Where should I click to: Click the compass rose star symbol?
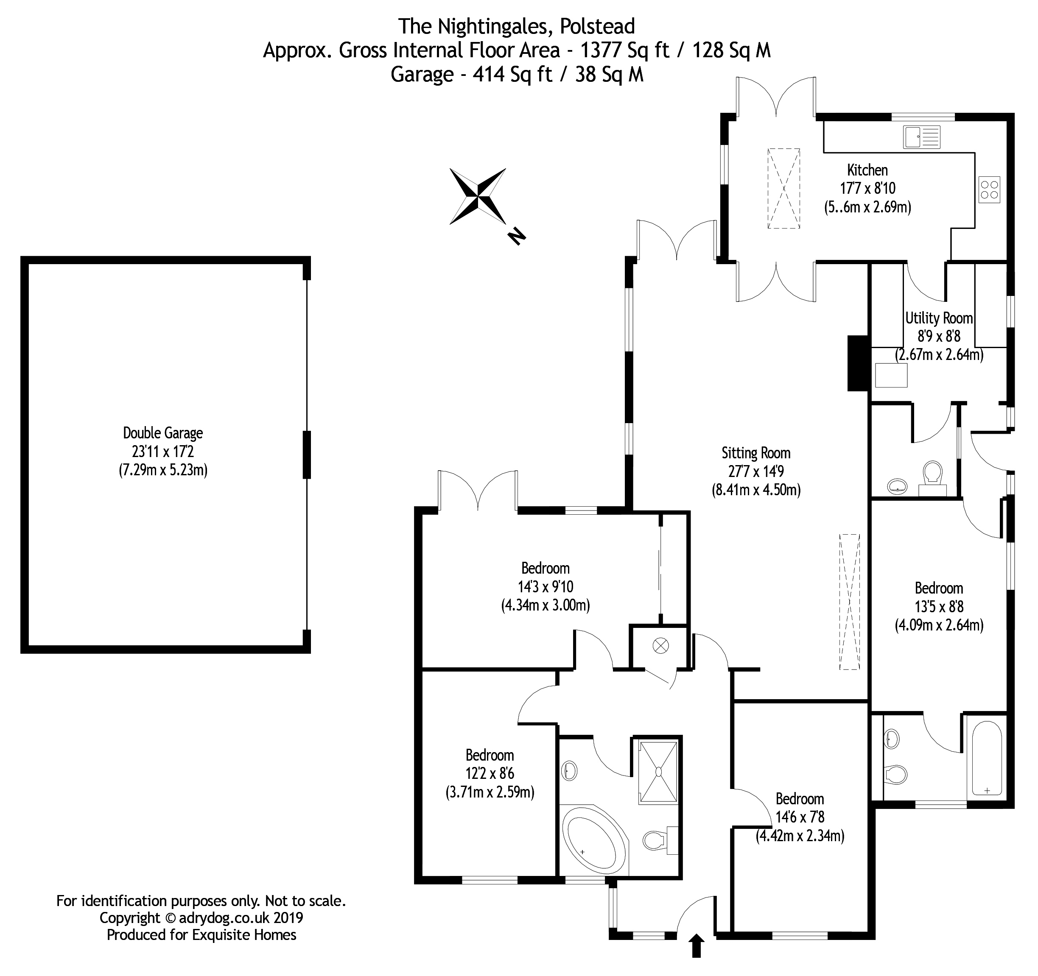(x=478, y=196)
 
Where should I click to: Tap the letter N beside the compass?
(x=516, y=236)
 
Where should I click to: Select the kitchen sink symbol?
(x=922, y=137)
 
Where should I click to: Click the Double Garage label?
(x=163, y=433)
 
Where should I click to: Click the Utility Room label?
(x=939, y=318)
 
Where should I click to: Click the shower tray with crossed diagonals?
(x=658, y=772)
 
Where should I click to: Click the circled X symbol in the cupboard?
(x=660, y=646)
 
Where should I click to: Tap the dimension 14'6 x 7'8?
(x=799, y=817)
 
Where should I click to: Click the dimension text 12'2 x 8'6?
(x=490, y=773)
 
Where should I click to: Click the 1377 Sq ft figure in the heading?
(x=624, y=50)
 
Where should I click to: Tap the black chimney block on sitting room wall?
(x=857, y=363)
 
